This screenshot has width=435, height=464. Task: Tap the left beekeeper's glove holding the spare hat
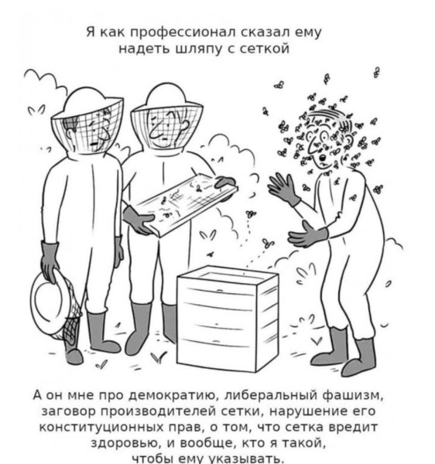click(50, 260)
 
